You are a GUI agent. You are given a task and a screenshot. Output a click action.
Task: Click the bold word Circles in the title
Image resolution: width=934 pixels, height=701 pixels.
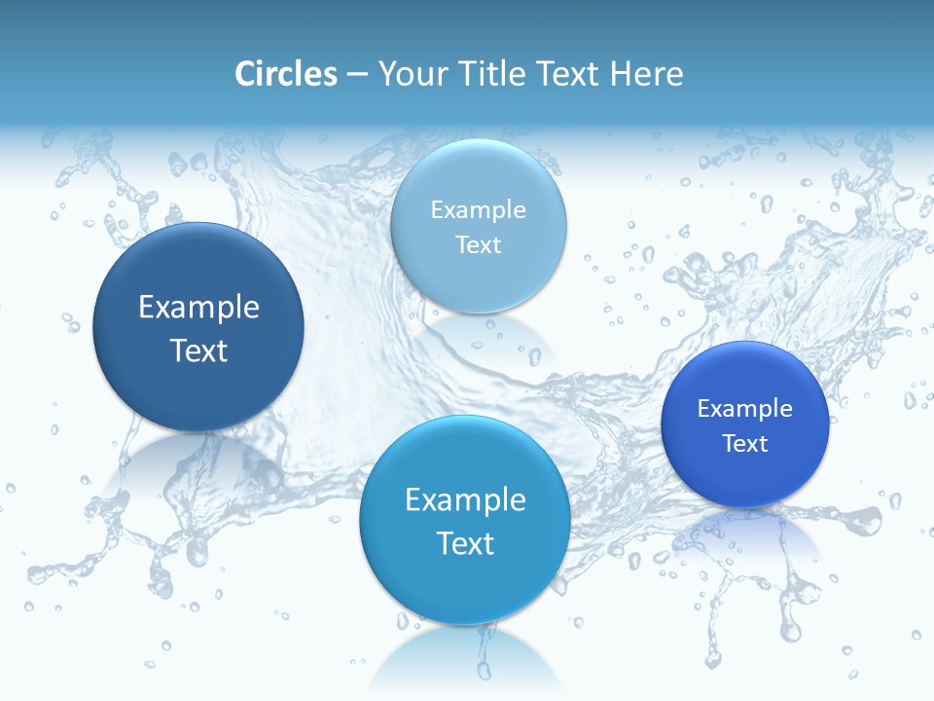[x=285, y=74]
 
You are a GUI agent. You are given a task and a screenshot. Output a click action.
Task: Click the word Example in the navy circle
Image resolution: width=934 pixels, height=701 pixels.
[x=198, y=308]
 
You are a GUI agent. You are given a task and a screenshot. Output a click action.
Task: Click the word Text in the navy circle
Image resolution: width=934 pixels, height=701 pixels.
[x=198, y=350]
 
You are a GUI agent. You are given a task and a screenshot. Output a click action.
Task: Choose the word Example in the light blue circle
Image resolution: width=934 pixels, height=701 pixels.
[x=479, y=210]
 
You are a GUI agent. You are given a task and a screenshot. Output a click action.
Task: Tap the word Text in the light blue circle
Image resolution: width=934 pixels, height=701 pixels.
[x=479, y=244]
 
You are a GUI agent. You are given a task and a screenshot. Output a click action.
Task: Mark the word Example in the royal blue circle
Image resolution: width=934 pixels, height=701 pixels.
[x=745, y=409]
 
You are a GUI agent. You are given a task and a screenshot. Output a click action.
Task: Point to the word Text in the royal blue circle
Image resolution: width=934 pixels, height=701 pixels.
[x=745, y=444]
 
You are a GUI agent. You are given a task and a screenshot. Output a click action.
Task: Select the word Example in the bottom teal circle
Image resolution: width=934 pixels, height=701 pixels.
[x=465, y=500]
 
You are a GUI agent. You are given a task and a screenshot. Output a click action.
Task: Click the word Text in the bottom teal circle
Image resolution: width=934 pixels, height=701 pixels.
[x=465, y=543]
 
